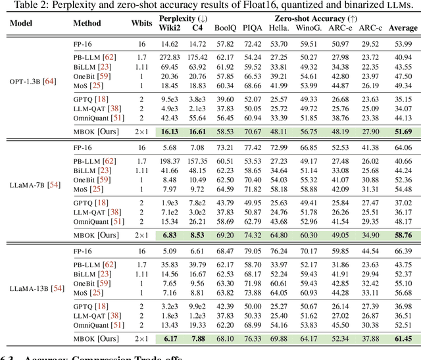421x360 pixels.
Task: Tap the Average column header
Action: pyautogui.click(x=403, y=28)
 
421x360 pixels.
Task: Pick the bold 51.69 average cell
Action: pyautogui.click(x=403, y=132)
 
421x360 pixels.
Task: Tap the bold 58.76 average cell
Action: pyautogui.click(x=403, y=235)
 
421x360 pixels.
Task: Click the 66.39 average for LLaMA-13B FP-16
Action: pyautogui.click(x=403, y=251)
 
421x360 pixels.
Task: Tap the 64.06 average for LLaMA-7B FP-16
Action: pyautogui.click(x=403, y=147)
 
